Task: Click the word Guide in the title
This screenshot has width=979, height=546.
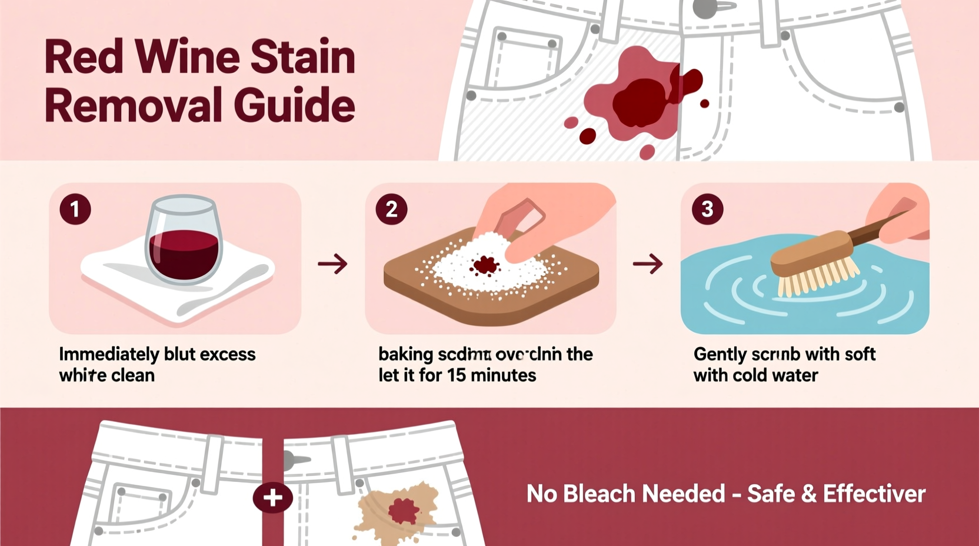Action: [x=294, y=106]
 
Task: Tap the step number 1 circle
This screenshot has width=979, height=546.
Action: [x=75, y=209]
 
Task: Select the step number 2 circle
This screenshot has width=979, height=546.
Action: [x=391, y=209]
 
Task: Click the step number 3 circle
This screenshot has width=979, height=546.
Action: [x=707, y=209]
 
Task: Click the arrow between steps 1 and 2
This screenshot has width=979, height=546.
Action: [x=332, y=264]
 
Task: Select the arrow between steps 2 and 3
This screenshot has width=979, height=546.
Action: [x=648, y=264]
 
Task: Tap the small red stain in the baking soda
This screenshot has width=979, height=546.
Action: [x=485, y=266]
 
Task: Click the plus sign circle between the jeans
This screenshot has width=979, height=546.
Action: [x=272, y=498]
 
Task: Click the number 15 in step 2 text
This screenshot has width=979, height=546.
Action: [x=457, y=375]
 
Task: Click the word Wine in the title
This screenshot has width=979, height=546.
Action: [x=187, y=57]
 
